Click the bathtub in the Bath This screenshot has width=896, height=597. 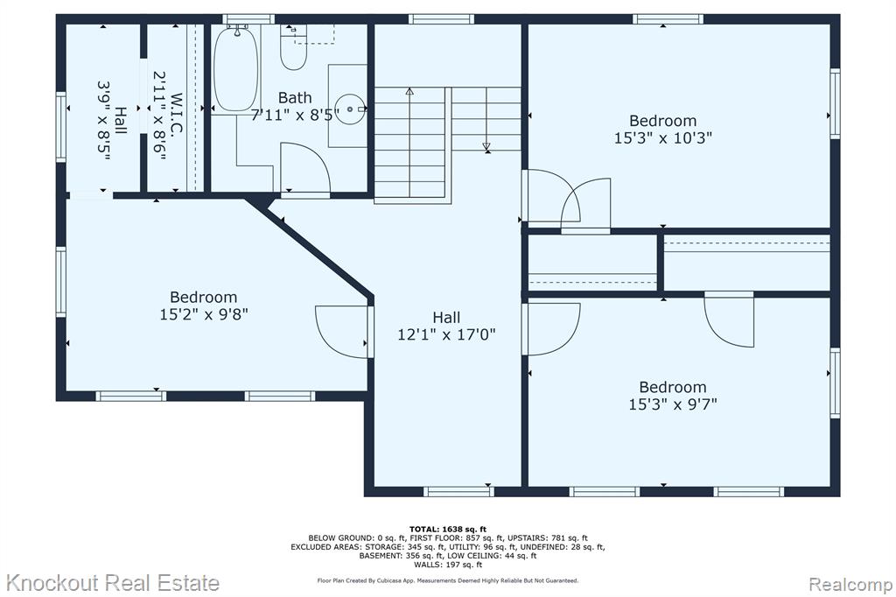point(236,68)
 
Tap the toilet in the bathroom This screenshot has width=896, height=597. point(294,48)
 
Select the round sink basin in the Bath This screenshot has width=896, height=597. point(349,109)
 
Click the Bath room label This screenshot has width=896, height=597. point(295,98)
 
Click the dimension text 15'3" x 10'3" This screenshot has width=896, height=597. point(663,137)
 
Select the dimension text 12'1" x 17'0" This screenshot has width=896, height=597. point(446,334)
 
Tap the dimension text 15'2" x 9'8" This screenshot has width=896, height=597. point(203,314)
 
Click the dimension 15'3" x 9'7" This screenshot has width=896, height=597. point(673,404)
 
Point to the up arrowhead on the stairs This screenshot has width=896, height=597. point(409,90)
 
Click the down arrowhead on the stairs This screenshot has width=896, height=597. point(486,147)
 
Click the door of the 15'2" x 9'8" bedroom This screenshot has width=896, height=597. point(343,333)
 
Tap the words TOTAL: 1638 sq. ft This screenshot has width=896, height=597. point(447,530)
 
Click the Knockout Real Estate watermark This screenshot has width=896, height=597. point(113,583)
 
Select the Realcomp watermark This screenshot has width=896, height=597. point(850,585)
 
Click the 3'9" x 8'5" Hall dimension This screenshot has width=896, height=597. point(103,120)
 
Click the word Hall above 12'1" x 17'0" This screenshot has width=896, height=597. point(446,318)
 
